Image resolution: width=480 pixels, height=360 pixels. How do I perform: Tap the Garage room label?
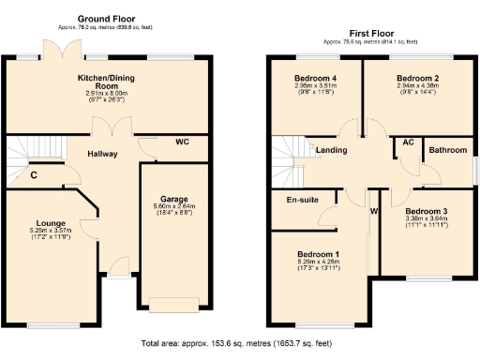click(171, 199)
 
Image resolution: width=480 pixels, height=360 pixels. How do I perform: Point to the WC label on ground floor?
click(185, 142)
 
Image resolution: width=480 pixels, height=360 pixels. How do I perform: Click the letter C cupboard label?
click(33, 174)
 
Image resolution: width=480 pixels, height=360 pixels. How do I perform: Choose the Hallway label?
click(102, 153)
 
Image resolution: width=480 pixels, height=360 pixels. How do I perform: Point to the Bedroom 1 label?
click(318, 254)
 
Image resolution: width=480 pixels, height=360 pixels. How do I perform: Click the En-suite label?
click(300, 199)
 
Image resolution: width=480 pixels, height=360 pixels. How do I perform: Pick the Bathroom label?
click(446, 150)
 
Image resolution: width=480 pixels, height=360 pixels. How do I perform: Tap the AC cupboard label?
click(408, 142)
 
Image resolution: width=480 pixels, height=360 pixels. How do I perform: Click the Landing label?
click(332, 149)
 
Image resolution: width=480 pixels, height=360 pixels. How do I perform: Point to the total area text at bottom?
click(237, 344)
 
